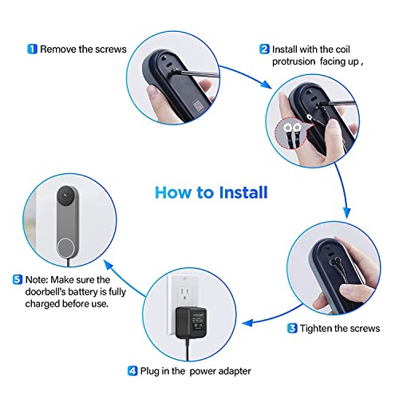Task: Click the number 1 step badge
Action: click(x=32, y=49)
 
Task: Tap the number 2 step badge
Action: click(x=264, y=49)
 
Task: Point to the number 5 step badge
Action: click(x=18, y=279)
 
